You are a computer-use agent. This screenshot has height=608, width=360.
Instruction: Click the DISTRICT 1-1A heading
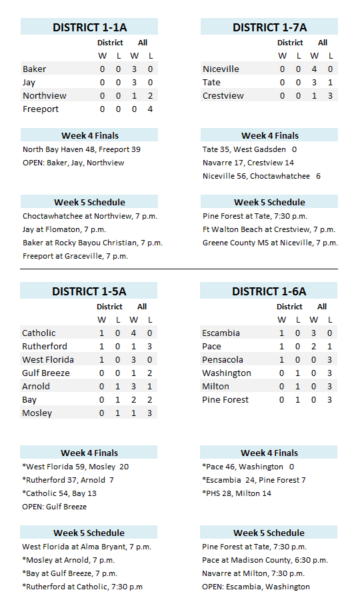pos(89,27)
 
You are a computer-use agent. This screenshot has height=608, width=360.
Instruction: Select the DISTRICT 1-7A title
pos(269,27)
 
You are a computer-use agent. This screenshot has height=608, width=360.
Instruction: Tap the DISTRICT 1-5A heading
pos(89,291)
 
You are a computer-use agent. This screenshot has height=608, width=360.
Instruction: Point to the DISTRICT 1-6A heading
pos(269,291)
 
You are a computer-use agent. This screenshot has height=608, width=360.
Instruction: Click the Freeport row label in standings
pos(41,109)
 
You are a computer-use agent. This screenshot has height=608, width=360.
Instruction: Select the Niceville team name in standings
pos(221,69)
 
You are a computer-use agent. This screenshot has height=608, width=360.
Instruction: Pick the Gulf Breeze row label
pos(45,373)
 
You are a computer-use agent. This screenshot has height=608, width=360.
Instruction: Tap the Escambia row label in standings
pos(222,333)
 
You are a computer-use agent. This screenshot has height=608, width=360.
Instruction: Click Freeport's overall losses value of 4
pos(150,109)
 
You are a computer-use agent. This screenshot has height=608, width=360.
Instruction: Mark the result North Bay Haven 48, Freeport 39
pos(81,149)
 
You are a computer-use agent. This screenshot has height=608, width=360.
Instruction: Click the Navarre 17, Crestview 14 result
pos(248,163)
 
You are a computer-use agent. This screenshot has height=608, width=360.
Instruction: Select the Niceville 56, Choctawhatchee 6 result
pos(261,176)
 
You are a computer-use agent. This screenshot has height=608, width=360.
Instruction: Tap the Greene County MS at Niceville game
pos(270,243)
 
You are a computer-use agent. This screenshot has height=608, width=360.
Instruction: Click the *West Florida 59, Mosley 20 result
pos(75,467)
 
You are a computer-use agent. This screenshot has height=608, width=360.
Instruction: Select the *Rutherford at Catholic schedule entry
pos(82,587)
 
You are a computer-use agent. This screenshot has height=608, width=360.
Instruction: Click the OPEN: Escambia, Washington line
pos(255,587)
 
